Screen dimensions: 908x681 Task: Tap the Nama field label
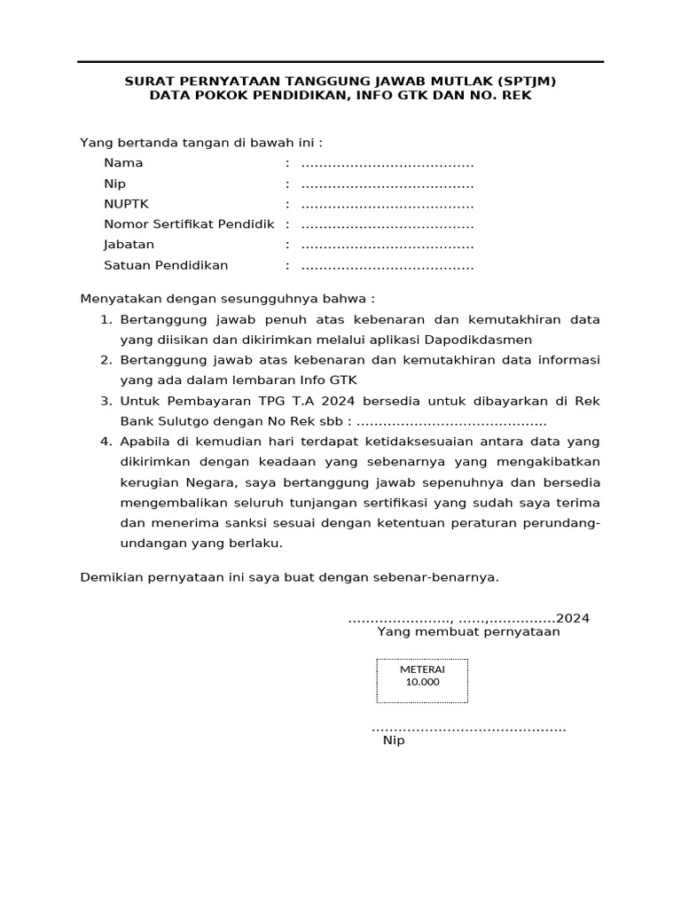click(123, 163)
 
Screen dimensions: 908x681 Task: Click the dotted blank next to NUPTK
click(387, 204)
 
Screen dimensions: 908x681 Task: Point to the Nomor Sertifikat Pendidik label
click(189, 224)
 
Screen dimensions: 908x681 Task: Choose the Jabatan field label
click(129, 245)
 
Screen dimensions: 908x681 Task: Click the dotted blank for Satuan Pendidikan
click(387, 266)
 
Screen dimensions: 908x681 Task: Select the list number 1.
click(105, 319)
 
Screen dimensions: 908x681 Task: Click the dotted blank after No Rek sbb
click(450, 422)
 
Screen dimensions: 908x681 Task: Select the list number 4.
click(105, 442)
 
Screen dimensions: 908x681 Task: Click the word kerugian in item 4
click(147, 482)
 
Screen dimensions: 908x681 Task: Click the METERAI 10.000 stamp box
click(422, 680)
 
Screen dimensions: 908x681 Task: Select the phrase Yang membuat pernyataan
click(468, 632)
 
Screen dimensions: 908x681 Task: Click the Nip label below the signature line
click(393, 740)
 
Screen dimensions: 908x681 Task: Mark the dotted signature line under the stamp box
click(468, 729)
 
